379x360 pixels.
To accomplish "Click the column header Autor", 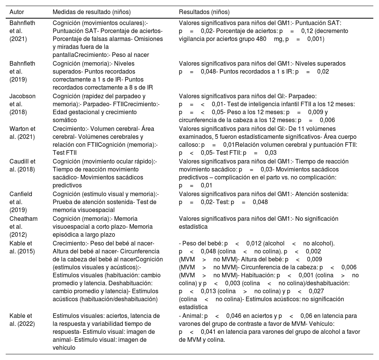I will pos(17,11).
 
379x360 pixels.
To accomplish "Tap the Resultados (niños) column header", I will pos(204,11).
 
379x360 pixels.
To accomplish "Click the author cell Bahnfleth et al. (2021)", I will pos(22,31).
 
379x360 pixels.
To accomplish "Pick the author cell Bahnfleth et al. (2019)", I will pos(22,71).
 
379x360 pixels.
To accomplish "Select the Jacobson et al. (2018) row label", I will pos(22,104).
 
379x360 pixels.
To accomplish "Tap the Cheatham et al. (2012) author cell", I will pos(22,226).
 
